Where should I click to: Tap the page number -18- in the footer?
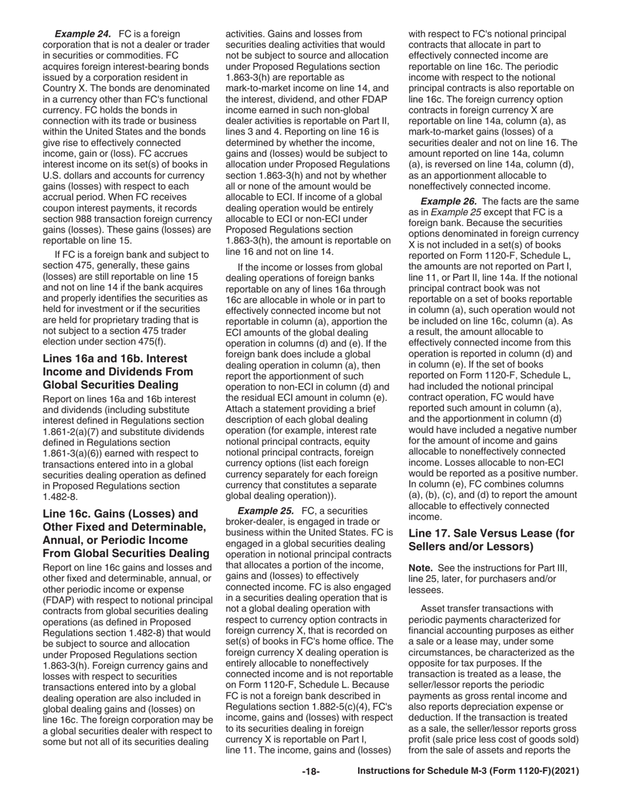310,772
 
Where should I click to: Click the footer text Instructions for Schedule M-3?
468,772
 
